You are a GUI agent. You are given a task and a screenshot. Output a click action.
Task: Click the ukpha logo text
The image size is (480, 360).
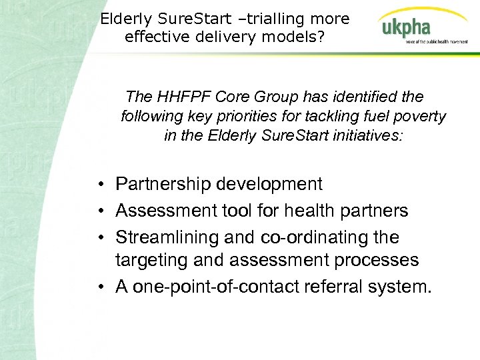tap(406, 29)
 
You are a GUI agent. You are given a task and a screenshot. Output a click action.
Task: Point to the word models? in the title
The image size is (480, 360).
tap(297, 37)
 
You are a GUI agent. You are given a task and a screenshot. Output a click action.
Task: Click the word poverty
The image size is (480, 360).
tap(419, 117)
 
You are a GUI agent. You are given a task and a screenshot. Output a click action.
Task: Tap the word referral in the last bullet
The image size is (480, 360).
tap(340, 287)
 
